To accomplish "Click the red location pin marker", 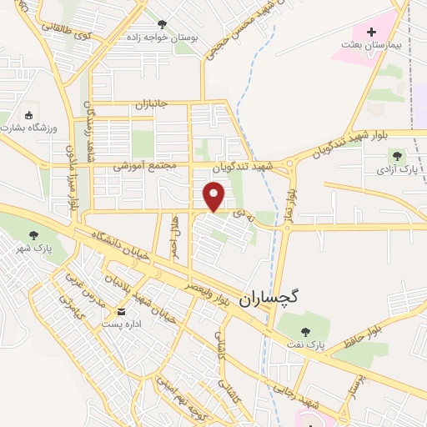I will point(215,197).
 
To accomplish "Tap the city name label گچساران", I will point(273,298).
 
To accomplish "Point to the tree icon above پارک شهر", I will point(34,235).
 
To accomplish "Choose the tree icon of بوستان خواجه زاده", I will point(159,23).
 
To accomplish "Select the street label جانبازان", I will point(152,104).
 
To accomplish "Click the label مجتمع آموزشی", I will point(148,167).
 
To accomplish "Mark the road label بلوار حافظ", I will point(364,328).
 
